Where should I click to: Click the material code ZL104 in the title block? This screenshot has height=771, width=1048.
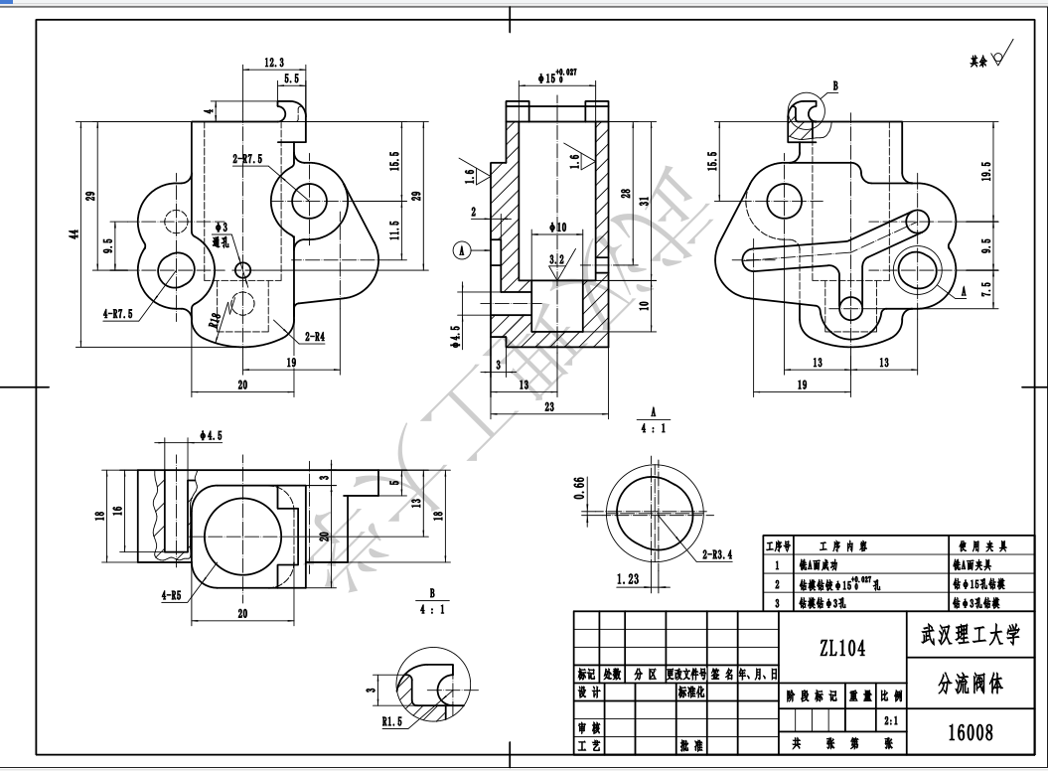(842, 649)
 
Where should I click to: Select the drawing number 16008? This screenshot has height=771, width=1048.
(970, 733)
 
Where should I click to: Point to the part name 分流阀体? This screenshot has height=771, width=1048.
(970, 686)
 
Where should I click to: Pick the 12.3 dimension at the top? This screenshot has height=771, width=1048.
(274, 62)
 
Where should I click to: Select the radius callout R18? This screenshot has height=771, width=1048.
(215, 320)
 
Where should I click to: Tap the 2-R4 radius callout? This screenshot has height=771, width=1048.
(314, 337)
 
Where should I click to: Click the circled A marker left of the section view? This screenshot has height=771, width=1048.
(462, 250)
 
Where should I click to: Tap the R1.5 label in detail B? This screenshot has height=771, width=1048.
(392, 722)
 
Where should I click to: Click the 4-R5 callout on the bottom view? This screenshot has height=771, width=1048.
(171, 596)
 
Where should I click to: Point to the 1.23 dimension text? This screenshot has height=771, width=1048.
(628, 579)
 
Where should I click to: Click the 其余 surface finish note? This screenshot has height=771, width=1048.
(979, 61)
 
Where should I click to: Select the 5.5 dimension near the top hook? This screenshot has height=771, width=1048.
(292, 77)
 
